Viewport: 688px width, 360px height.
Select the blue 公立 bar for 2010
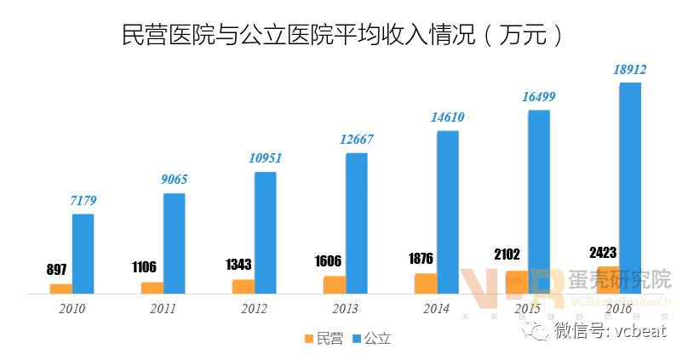coord(83,254)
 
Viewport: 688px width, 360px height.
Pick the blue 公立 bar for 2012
coord(265,232)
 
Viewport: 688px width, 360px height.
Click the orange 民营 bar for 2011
coord(152,287)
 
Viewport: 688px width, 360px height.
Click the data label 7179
coord(83,201)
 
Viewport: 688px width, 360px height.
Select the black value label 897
coord(56,269)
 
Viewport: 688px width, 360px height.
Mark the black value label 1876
coord(421,259)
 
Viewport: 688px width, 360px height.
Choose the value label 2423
coord(602,252)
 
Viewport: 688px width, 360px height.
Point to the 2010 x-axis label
coord(72,308)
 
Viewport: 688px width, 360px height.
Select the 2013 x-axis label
coord(344,308)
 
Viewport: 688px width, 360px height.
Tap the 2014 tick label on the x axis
coord(435,308)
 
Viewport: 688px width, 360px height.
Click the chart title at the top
coord(343,35)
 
